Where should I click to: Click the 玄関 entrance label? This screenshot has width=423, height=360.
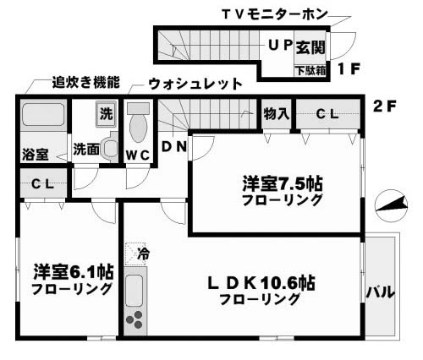coord(310,46)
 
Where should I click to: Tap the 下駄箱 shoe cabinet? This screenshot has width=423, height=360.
coord(310,70)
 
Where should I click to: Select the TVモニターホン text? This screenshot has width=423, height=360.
coord(275,14)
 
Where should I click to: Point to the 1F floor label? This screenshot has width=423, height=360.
coord(349,69)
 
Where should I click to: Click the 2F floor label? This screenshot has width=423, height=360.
coord(385,106)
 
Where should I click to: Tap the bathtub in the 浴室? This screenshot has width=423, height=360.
coord(43,114)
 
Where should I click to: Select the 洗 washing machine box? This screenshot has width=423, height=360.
coord(106,114)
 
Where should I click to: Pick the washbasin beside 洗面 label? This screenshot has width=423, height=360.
coord(110,147)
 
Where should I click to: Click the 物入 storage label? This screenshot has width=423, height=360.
coord(277,114)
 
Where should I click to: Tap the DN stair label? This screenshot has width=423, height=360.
coord(174,147)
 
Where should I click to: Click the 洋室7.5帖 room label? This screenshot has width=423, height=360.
coord(283,183)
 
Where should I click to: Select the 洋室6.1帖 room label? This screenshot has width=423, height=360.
coord(74,272)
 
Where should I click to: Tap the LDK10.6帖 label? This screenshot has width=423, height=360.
coord(261,283)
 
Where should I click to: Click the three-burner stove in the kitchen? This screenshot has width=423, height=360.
coord(135,319)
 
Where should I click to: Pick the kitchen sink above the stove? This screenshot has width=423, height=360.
coord(134,291)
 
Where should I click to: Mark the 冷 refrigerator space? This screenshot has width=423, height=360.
coord(135,254)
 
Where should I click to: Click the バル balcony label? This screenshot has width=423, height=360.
coord(381,292)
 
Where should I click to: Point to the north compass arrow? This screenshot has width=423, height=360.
coord(392,205)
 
